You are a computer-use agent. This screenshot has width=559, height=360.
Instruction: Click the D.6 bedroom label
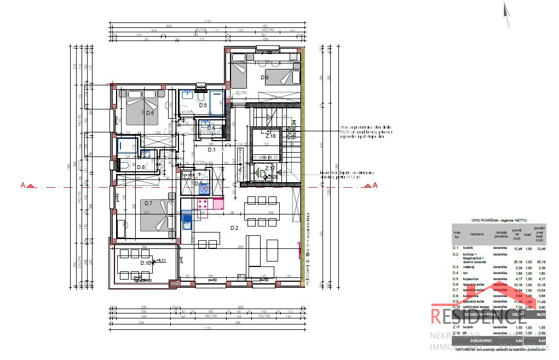(149, 113)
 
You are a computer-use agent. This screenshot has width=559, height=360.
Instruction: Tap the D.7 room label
(148, 204)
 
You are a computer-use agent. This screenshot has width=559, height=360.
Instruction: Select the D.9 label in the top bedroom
(264, 78)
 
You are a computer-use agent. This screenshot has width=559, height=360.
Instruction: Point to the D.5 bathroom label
(202, 105)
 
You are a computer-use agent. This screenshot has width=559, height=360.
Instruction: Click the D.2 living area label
(234, 228)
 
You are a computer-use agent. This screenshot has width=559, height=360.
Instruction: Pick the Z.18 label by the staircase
(270, 136)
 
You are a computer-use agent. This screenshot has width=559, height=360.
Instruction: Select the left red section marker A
(24, 185)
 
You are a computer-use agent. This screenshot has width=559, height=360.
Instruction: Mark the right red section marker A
(375, 185)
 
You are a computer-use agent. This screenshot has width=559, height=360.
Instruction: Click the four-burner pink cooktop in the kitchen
(200, 204)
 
